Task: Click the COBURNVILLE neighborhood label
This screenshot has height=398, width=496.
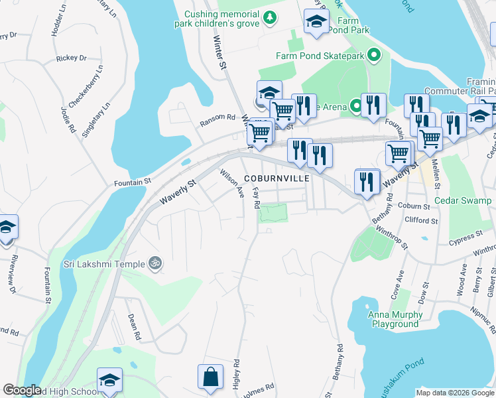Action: [x=276, y=179]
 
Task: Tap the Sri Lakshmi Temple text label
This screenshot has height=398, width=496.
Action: [x=103, y=264]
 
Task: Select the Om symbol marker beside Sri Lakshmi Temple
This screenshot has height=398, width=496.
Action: [x=156, y=263]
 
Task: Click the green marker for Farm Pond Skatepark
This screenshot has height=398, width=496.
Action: [x=374, y=56]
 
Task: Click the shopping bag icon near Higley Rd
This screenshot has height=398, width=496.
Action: [x=210, y=377]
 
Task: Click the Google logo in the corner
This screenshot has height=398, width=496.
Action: [x=22, y=391]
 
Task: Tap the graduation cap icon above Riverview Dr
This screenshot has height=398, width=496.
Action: [x=7, y=228]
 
